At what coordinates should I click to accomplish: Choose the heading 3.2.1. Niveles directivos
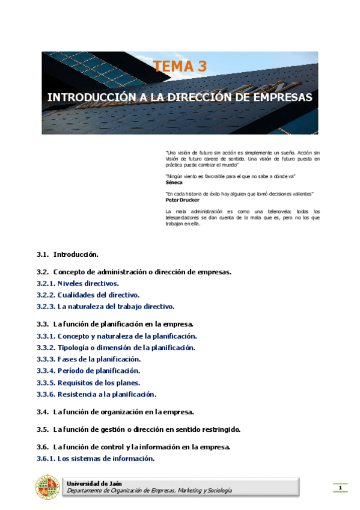pyautogui.click(x=78, y=283)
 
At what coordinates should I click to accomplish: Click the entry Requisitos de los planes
pyautogui.click(x=99, y=382)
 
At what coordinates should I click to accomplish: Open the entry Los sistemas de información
pyautogui.click(x=106, y=458)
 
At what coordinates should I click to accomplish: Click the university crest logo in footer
pyautogui.click(x=47, y=487)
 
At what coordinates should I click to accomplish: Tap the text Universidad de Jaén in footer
pyautogui.click(x=90, y=483)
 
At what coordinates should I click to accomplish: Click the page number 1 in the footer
pyautogui.click(x=340, y=487)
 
